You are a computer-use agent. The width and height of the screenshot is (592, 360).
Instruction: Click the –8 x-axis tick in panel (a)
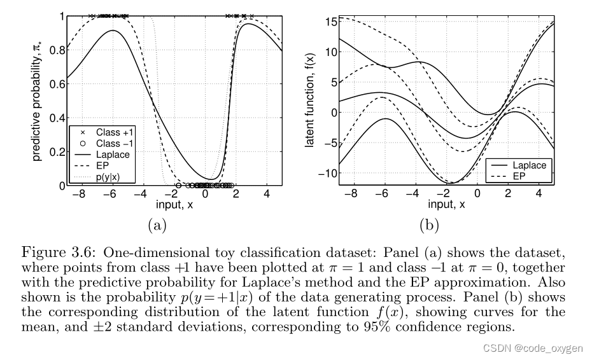[78, 194]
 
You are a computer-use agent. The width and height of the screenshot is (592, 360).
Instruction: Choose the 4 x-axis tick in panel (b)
[539, 194]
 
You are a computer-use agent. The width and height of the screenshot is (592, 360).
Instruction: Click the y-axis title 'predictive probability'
[39, 100]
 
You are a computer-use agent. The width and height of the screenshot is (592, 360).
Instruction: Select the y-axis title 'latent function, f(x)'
[312, 100]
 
